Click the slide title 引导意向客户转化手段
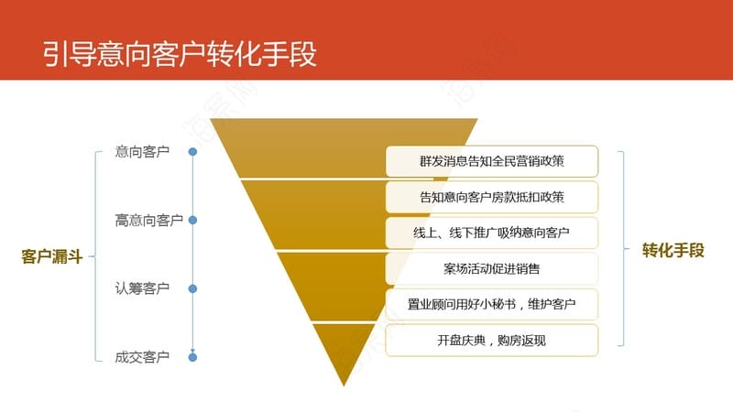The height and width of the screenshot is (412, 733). click(x=180, y=54)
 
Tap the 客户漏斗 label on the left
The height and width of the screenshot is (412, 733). click(x=52, y=256)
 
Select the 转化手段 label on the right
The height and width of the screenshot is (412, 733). click(x=673, y=250)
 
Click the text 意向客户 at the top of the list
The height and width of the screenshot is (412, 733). click(x=142, y=152)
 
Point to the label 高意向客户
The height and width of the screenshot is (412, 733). click(x=149, y=220)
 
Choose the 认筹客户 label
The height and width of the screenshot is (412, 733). click(x=142, y=288)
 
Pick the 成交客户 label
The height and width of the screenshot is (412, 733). click(x=142, y=357)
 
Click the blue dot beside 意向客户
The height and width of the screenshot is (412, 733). click(x=192, y=152)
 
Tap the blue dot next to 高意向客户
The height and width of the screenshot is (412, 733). click(x=192, y=220)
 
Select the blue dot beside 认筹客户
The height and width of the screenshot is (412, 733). click(x=192, y=288)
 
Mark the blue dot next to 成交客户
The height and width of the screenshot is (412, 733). click(x=192, y=357)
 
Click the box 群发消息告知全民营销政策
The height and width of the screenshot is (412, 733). click(x=492, y=161)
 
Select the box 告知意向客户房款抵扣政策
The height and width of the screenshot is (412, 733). click(x=492, y=197)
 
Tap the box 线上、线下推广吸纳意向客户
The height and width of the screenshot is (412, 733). click(x=492, y=233)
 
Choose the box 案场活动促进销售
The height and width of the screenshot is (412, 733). click(x=492, y=268)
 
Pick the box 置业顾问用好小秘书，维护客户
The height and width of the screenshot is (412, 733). click(x=492, y=305)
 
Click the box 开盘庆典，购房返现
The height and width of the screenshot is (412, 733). click(x=492, y=340)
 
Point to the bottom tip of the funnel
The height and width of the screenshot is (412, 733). click(x=344, y=385)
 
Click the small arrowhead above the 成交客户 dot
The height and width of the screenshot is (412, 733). click(x=192, y=351)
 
